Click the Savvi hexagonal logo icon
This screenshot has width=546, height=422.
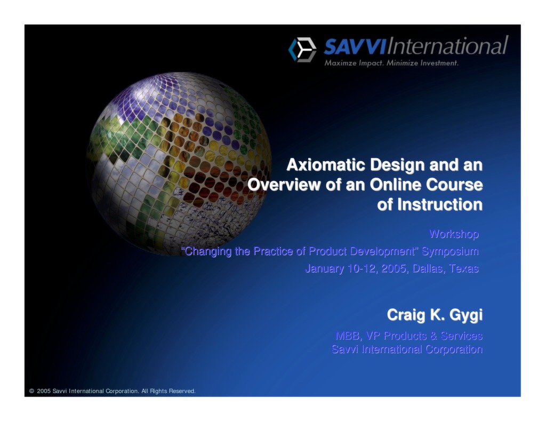point(302,50)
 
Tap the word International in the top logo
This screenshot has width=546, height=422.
point(446,46)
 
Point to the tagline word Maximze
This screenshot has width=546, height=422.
point(341,63)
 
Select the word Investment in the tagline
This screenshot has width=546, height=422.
point(439,63)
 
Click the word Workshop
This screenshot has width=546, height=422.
point(454,234)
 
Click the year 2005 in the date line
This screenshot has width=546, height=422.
point(396,268)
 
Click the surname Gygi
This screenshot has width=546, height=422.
point(465,315)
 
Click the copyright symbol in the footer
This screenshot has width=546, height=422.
point(31,391)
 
